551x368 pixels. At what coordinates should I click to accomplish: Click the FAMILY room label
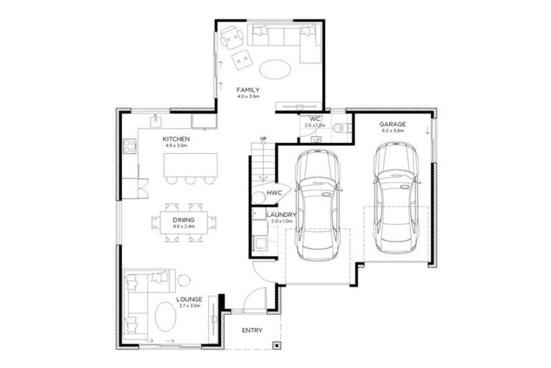pos(248,90)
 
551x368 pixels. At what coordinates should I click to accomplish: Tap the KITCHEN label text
pos(176,138)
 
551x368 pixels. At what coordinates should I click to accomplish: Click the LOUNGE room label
pos(189,299)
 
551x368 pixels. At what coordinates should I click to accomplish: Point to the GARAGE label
pos(392,124)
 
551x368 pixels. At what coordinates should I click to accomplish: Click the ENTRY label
pos(252,331)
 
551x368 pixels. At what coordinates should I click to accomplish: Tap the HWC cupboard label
pos(274,193)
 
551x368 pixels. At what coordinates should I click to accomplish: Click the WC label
pos(314,119)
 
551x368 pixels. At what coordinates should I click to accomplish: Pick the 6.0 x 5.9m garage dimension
pos(392,132)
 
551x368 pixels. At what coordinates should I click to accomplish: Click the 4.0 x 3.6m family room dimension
pos(248,96)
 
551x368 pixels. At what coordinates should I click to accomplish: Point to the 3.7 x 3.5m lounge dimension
pos(189,305)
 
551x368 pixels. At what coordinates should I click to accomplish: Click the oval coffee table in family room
pos(275,69)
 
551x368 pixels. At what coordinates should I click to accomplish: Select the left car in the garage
pos(318,205)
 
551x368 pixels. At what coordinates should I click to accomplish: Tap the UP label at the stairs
pos(263,139)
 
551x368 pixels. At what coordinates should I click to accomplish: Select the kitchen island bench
pos(189,165)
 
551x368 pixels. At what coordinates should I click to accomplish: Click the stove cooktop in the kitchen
pos(130,147)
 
